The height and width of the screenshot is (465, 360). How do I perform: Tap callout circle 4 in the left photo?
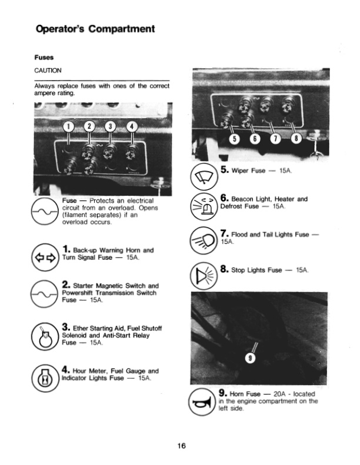point(132,128)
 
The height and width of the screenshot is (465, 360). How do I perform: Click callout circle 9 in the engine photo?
point(249,360)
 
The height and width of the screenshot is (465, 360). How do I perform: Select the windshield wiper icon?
point(206,175)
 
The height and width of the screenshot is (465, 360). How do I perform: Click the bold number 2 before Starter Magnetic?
point(65,285)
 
